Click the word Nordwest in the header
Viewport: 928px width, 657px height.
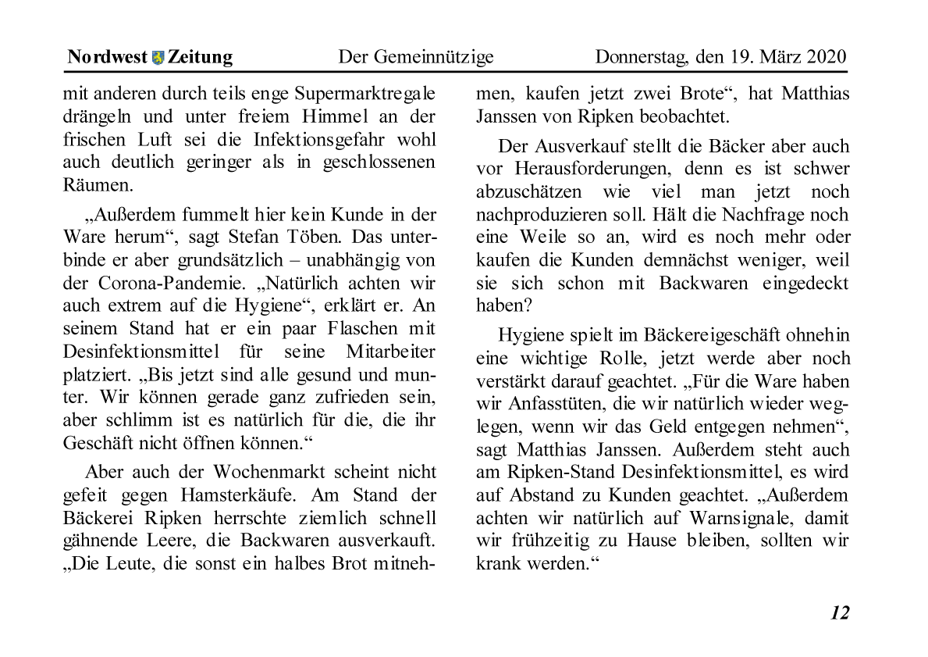(x=107, y=57)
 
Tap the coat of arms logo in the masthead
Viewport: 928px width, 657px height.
(x=158, y=57)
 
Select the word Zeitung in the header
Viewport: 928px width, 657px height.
(x=200, y=57)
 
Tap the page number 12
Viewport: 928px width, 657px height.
(x=839, y=612)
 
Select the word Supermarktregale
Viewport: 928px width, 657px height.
(x=366, y=95)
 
